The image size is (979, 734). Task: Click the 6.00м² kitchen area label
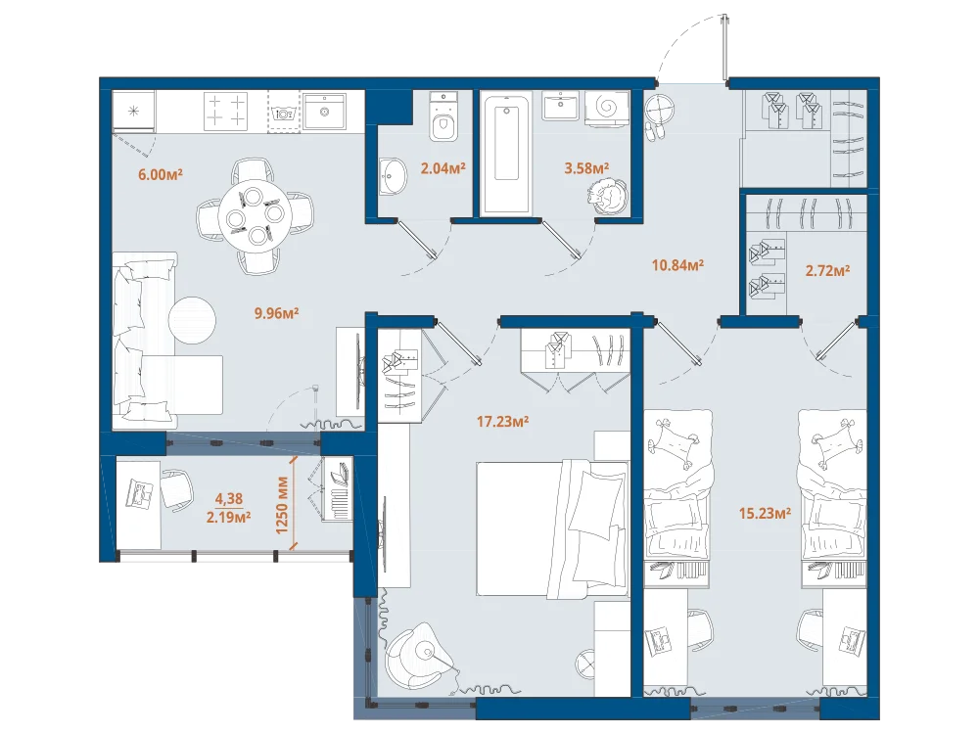click(x=161, y=174)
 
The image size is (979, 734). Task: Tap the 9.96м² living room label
click(x=277, y=313)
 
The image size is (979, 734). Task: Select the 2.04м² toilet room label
click(x=443, y=168)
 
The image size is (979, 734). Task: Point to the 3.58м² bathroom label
click(x=586, y=168)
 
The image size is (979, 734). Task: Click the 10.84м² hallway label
click(x=678, y=264)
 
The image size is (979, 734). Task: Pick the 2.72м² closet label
click(x=827, y=271)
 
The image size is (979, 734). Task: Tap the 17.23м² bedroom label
click(x=502, y=422)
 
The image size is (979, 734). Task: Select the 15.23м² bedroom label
click(x=765, y=514)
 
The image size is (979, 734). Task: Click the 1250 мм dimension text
click(x=282, y=505)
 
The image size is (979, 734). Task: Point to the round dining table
click(x=255, y=215)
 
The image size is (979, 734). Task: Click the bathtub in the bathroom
click(x=506, y=153)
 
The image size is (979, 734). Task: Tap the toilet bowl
click(x=443, y=117)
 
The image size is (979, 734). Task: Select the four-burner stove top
click(x=226, y=112)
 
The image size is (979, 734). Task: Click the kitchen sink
click(x=324, y=112)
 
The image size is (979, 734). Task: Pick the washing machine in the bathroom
click(x=607, y=109)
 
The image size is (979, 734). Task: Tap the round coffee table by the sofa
click(x=192, y=320)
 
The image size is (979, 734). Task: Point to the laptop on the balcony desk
click(x=140, y=492)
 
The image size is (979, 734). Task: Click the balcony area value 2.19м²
click(x=228, y=517)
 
